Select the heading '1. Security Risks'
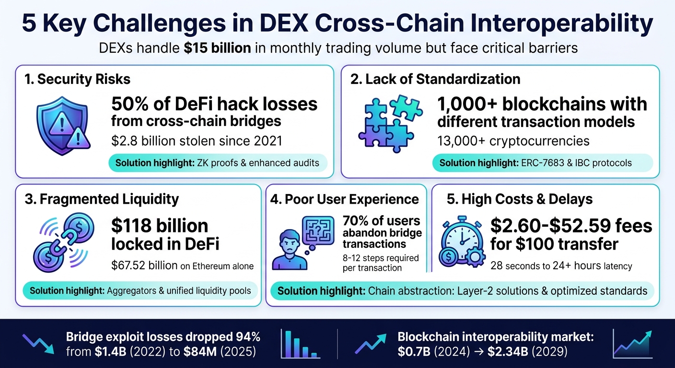[77, 79]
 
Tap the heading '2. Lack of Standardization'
[435, 79]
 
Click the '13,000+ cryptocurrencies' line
[513, 141]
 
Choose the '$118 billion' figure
[160, 226]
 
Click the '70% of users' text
[381, 221]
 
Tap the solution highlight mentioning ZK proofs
[218, 163]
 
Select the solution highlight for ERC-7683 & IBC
[542, 163]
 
